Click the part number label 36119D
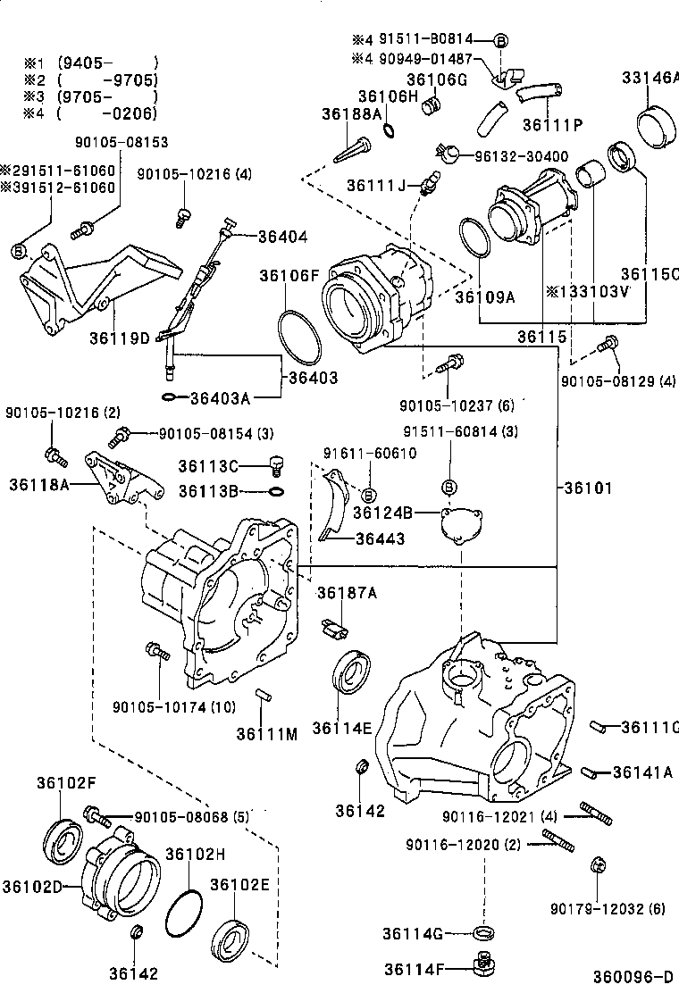pos(119,338)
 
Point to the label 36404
pos(282,237)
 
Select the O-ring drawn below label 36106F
pos(300,337)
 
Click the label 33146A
pos(650,78)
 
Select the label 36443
pos(380,538)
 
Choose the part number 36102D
pos(31,887)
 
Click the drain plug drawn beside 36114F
pos(483,967)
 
